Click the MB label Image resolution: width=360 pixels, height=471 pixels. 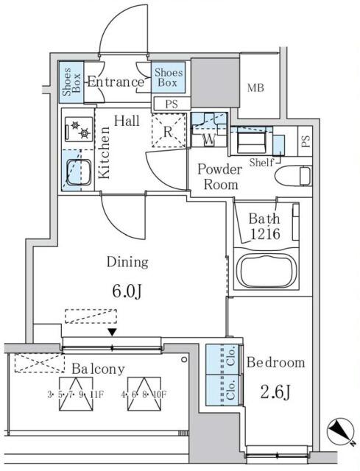[x=255, y=88]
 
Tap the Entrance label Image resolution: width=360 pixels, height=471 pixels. [x=116, y=82]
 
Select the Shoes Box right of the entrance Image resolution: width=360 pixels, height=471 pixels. [x=169, y=77]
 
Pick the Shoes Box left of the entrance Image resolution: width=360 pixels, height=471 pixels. [x=71, y=82]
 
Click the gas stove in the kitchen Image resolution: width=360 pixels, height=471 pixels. [x=79, y=130]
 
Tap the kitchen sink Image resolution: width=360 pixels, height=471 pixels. [x=79, y=172]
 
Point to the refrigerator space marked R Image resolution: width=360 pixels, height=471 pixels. [x=169, y=131]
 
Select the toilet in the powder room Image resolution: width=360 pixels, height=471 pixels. [x=294, y=176]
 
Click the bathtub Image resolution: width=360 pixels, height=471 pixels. [x=266, y=269]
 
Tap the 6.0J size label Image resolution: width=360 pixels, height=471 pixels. [x=127, y=291]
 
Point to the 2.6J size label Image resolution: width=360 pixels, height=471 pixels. [x=275, y=392]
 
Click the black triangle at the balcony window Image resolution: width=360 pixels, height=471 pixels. [x=113, y=332]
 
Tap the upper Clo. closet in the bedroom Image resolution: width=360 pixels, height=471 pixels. [x=224, y=359]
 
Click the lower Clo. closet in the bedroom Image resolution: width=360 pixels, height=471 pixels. [x=224, y=389]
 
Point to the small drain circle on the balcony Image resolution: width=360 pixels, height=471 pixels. [x=184, y=359]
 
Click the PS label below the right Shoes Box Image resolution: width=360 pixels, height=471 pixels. [x=172, y=105]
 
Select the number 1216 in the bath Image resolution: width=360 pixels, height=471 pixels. [x=265, y=234]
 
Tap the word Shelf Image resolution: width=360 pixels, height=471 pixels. [x=262, y=163]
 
